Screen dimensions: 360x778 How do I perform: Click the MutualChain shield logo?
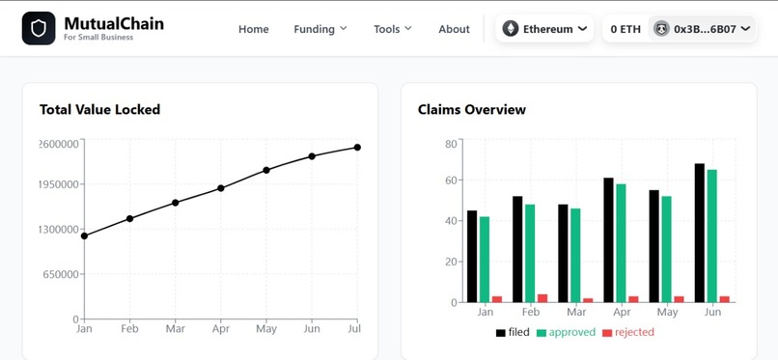pos(39,28)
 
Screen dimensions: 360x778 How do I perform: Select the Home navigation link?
pos(254,29)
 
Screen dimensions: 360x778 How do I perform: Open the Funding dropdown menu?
pos(320,29)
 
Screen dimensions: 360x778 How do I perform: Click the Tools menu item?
pos(393,29)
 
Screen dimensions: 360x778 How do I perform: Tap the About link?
pos(454,29)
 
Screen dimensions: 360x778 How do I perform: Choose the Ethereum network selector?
pos(545,29)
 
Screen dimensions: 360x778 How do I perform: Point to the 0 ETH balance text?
pos(625,29)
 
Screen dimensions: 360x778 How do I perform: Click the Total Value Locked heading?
pos(99,109)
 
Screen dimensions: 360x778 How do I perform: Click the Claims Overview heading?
pos(472,109)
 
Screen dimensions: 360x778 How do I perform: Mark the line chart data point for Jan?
pos(84,235)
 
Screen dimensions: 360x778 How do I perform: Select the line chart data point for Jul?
pos(357,147)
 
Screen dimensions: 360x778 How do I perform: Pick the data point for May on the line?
pos(266,170)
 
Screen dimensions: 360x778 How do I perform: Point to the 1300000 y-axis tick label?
pos(57,230)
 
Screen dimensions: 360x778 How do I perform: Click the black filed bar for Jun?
pos(700,233)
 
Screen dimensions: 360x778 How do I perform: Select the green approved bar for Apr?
pos(622,242)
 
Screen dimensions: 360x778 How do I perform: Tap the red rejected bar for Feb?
pos(542,297)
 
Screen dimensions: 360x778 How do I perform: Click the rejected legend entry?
pos(628,332)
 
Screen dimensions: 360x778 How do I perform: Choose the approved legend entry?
pos(566,332)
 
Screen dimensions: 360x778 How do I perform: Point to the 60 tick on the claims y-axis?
pos(450,180)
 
